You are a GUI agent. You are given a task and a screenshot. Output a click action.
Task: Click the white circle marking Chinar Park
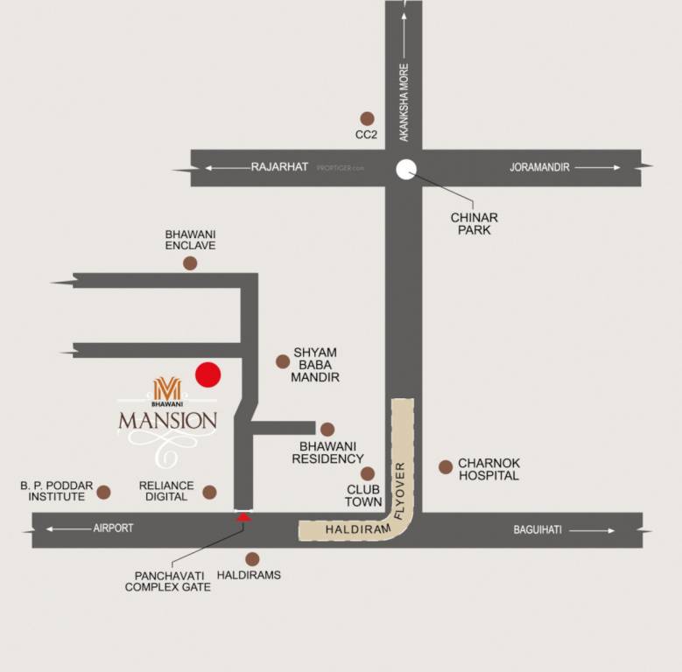(405, 170)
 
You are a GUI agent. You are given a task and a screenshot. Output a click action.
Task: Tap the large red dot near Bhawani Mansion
(207, 375)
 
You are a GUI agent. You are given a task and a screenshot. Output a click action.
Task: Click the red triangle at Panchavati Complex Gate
(244, 516)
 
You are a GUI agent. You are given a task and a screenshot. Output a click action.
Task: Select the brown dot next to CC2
(367, 118)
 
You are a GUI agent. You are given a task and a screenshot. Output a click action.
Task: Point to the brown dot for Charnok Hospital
(446, 467)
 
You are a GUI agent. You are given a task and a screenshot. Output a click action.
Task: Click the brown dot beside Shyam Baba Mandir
(283, 361)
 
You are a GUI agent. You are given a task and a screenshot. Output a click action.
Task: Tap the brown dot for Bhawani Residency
(327, 430)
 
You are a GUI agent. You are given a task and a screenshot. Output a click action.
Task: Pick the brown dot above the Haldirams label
(252, 558)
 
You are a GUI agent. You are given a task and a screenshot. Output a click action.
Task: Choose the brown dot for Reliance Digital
(209, 492)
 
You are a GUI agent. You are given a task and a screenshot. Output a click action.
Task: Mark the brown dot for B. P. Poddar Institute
(103, 492)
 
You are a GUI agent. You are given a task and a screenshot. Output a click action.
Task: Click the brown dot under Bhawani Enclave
(190, 262)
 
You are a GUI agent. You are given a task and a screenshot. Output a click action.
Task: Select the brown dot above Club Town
(368, 473)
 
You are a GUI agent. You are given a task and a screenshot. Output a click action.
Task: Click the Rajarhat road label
(279, 167)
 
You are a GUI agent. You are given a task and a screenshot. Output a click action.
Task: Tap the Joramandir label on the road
(539, 167)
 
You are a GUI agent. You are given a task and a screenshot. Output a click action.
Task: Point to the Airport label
(113, 528)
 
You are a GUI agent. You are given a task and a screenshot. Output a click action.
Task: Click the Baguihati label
(538, 530)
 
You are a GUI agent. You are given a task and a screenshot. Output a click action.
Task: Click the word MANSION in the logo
(167, 421)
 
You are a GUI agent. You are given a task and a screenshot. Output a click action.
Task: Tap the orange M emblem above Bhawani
(167, 388)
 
